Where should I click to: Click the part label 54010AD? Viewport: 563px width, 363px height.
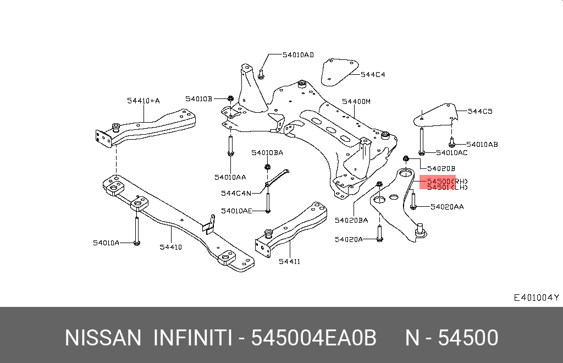pos(298,55)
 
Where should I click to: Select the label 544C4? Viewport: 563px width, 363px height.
pos(373,74)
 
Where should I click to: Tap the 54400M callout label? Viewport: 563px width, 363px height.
pos(356,102)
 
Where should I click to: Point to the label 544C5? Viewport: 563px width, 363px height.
pos(480,111)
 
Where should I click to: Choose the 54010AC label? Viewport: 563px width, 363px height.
pos(451,152)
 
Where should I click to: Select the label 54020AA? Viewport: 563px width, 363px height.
pos(446,207)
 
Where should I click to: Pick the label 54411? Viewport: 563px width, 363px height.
pos(289,261)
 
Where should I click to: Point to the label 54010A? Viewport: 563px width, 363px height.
pos(106,242)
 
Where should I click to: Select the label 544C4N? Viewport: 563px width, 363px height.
pos(236,193)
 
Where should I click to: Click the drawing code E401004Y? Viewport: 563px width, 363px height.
pos(536,298)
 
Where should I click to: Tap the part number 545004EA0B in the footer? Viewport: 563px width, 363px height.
pos(313,338)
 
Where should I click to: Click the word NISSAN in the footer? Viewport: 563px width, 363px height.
pos(103,338)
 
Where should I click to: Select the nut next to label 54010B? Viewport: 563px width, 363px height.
pos(230,99)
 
